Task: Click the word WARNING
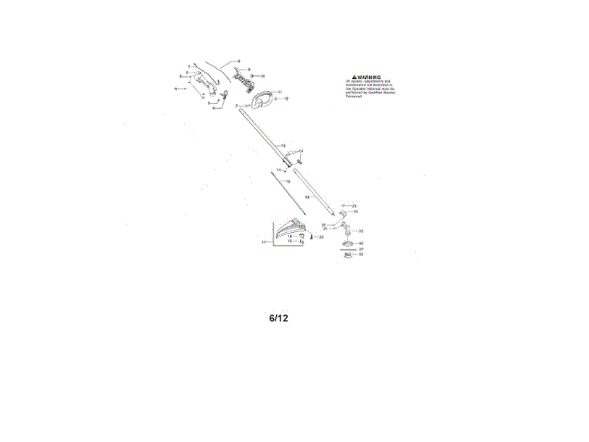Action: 368,78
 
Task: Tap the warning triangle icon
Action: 350,78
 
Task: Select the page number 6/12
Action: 279,319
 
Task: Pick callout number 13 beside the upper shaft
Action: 283,146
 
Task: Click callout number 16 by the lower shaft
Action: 307,196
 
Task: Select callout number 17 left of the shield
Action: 263,243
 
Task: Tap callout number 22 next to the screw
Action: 321,237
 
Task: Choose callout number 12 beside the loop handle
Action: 286,98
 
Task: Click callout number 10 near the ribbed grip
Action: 262,76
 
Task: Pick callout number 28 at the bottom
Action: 361,254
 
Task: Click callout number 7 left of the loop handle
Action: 236,107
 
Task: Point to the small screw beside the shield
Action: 313,237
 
